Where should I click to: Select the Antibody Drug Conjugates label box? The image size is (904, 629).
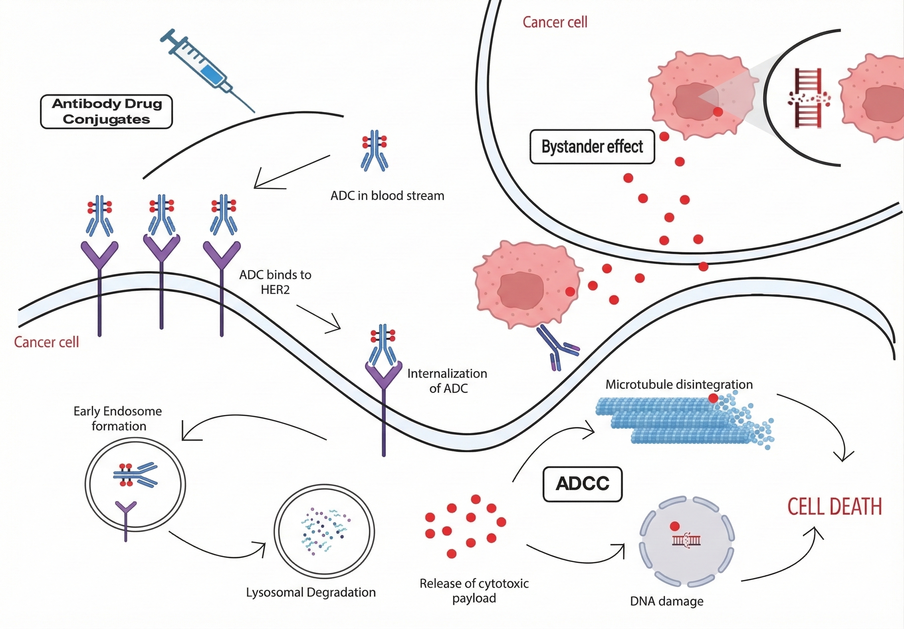tap(107, 112)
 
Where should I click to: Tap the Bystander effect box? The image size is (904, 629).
tap(592, 147)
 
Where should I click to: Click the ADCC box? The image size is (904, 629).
tap(582, 484)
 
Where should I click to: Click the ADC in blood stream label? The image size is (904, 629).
tap(387, 196)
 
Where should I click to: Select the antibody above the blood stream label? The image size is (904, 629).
tap(375, 151)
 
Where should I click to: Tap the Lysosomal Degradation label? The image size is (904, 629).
tap(311, 592)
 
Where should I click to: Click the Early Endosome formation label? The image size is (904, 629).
tap(118, 419)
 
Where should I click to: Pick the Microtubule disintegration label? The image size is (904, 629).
tap(679, 384)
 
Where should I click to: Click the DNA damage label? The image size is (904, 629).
tap(667, 601)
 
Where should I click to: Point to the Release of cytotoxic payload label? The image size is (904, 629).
tap(474, 590)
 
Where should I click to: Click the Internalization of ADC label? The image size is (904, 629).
tap(447, 381)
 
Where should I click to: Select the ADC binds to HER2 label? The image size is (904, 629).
tap(275, 282)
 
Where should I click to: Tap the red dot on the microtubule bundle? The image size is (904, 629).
tap(713, 398)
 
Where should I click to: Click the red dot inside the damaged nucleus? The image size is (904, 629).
tap(674, 526)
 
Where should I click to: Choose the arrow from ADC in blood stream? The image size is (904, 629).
tap(292, 172)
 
